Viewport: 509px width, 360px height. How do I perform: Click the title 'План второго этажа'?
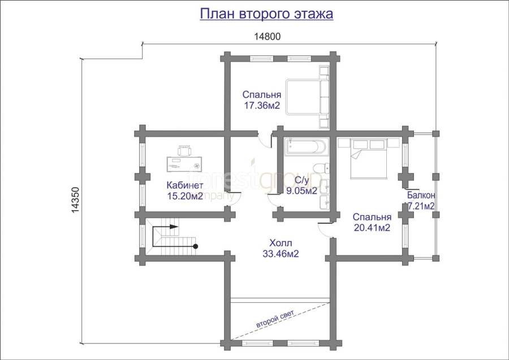click(x=266, y=14)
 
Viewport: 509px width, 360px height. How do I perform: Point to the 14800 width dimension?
click(x=267, y=37)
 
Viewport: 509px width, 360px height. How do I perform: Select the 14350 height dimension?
click(x=75, y=200)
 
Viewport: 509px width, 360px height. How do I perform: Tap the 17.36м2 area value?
click(x=262, y=106)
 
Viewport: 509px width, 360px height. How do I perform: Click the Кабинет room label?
click(x=185, y=185)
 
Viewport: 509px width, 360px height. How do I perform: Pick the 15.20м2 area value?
click(x=185, y=196)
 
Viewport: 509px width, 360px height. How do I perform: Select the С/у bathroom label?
click(x=302, y=180)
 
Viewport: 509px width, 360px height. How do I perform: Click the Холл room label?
click(x=281, y=243)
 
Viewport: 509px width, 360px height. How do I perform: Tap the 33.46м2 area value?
click(x=281, y=254)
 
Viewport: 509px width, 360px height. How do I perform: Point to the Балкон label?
click(x=421, y=195)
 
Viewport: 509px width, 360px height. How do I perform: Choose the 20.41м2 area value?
click(x=372, y=228)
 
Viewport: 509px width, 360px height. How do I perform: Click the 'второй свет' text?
click(x=275, y=319)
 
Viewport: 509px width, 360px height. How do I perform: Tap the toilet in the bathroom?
click(x=321, y=168)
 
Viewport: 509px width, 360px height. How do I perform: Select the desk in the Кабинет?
click(x=184, y=164)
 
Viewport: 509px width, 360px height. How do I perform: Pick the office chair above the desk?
click(x=184, y=150)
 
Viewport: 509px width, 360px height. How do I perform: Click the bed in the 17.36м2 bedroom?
click(x=304, y=97)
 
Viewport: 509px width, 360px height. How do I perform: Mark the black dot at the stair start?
click(x=196, y=246)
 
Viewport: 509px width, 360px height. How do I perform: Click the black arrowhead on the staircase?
click(x=174, y=227)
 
